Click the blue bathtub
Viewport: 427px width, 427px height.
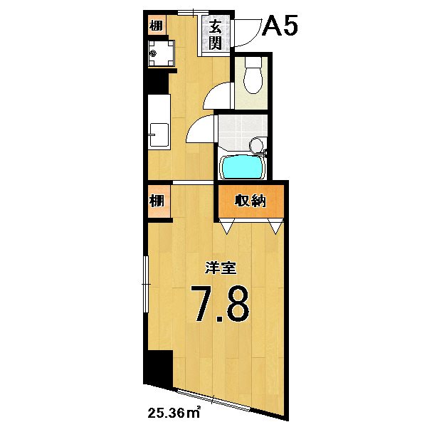click(243, 168)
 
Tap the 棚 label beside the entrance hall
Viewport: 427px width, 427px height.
click(155, 26)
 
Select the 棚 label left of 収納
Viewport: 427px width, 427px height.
click(157, 201)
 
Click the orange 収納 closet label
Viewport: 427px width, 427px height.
click(250, 201)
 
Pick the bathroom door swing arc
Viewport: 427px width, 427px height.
click(202, 130)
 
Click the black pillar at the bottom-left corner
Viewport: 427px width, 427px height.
click(157, 368)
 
